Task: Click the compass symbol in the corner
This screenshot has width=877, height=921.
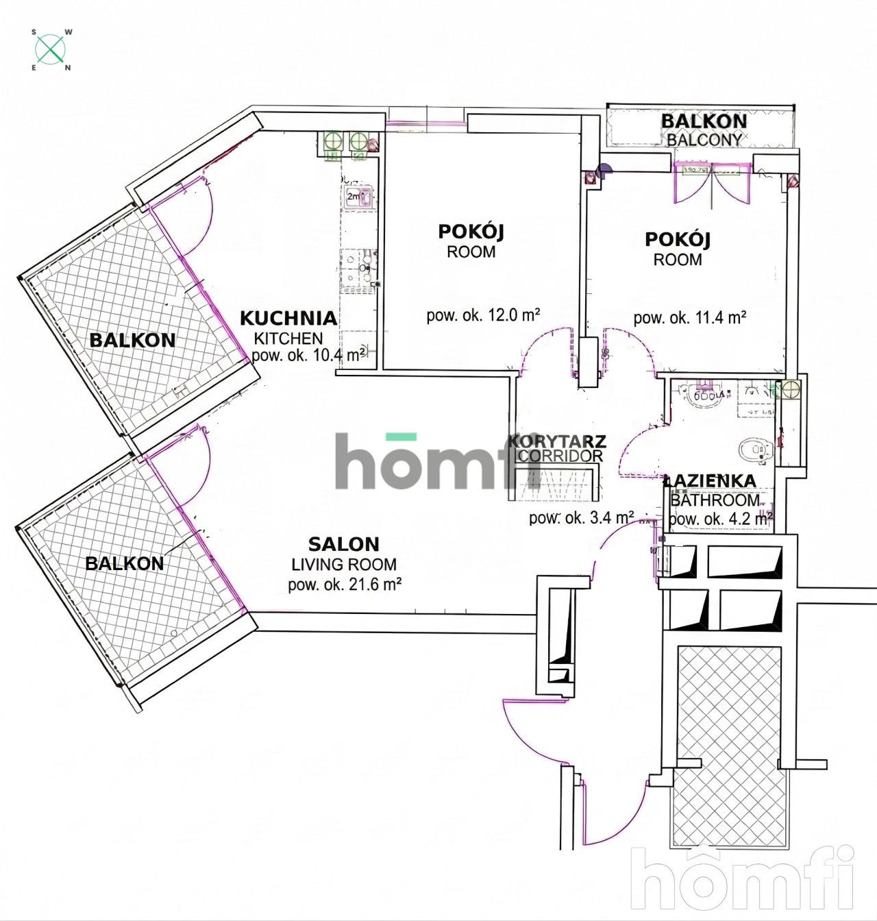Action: click(x=51, y=50)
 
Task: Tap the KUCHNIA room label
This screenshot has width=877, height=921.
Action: click(x=288, y=318)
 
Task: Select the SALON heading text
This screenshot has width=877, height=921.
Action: click(x=343, y=545)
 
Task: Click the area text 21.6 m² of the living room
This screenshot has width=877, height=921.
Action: click(x=344, y=585)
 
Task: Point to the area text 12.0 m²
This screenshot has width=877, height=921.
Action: click(x=484, y=316)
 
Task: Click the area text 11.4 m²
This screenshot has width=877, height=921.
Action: click(x=689, y=317)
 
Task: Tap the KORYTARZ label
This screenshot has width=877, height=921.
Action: click(x=556, y=441)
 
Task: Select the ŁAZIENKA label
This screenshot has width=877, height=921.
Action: click(x=711, y=481)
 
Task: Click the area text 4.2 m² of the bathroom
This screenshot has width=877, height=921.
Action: click(x=721, y=519)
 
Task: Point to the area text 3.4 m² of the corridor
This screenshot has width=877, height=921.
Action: click(x=581, y=517)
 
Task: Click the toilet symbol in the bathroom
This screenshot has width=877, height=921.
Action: click(x=754, y=450)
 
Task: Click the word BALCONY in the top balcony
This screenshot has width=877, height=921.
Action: click(x=704, y=139)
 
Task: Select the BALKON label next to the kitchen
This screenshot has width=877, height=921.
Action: click(x=132, y=340)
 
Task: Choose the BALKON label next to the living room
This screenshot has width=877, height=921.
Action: click(x=124, y=563)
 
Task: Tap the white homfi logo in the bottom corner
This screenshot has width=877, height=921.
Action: click(x=743, y=880)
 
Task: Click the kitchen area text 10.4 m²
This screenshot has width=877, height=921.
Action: click(x=308, y=355)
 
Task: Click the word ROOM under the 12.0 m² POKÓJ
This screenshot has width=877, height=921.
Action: click(x=471, y=251)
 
